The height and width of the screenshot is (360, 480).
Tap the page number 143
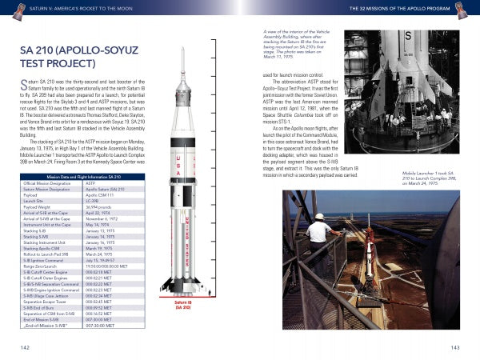[x=454, y=346]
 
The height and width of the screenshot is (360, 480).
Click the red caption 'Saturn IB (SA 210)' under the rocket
[x=183, y=306]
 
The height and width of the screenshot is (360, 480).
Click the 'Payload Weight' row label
[x=39, y=206]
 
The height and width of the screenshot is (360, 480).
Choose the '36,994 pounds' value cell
[x=101, y=206]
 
